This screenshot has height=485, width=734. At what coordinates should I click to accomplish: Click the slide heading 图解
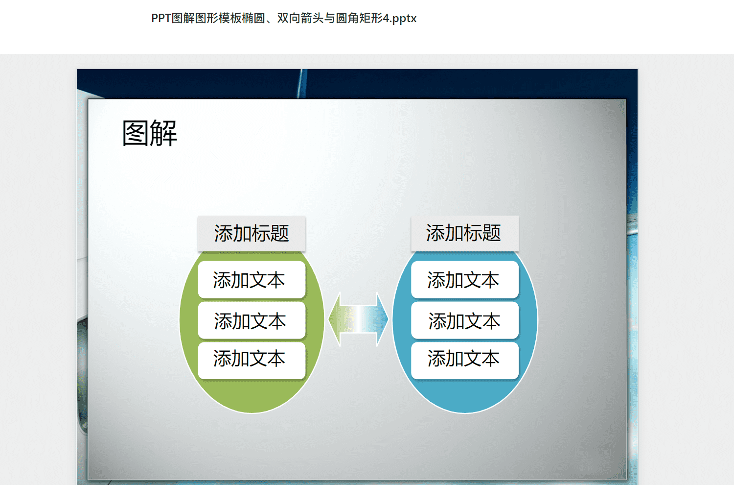pos(149,133)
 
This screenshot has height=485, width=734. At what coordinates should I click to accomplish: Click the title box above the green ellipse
pos(252,233)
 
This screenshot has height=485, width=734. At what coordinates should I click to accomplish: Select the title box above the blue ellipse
pos(465,233)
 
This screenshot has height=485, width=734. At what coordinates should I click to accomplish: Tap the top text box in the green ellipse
pos(252,280)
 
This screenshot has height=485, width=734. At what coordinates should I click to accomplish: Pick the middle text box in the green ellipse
pos(252,320)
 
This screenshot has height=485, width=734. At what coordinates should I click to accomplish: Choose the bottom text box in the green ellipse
pos(252,361)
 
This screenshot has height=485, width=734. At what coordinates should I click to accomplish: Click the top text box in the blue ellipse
pos(465,280)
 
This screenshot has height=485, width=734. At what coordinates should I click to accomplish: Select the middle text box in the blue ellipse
pos(465,320)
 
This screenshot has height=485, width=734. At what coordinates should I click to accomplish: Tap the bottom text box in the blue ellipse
pos(465,361)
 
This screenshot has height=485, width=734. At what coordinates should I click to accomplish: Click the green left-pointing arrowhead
pos(335,319)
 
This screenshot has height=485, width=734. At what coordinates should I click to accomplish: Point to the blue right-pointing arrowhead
pos(382,319)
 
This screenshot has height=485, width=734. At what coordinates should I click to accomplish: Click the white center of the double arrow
pos(359,319)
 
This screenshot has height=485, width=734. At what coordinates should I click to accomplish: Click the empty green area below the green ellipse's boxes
pos(252,395)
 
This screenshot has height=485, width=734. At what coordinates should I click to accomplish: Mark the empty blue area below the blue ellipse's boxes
pos(465,395)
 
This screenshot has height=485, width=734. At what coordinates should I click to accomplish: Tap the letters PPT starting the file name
pos(161,18)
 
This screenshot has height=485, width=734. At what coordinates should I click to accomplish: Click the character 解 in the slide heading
pos(163,133)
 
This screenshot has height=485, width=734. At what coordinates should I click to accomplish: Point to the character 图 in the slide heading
pos(136,133)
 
